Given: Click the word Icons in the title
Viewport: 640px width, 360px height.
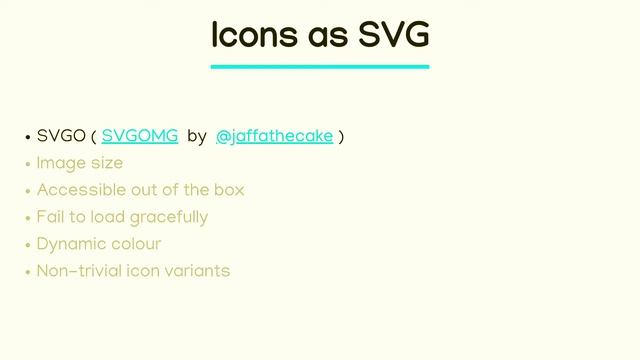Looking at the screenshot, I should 250,35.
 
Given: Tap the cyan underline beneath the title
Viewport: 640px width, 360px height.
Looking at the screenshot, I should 320,67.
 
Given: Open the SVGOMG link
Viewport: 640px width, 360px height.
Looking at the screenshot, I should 139,136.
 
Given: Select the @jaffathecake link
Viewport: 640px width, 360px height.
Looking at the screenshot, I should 274,136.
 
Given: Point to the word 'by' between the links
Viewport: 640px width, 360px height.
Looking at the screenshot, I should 196,136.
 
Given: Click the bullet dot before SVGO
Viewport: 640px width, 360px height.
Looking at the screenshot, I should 28,137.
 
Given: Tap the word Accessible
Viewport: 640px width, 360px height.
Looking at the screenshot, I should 77,190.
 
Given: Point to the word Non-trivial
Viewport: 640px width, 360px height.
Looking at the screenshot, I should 79,271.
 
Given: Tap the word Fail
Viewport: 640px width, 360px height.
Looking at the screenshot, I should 50,217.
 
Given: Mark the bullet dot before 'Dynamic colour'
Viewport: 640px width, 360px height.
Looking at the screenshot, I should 28,245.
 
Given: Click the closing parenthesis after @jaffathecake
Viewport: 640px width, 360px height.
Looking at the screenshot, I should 341,136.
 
